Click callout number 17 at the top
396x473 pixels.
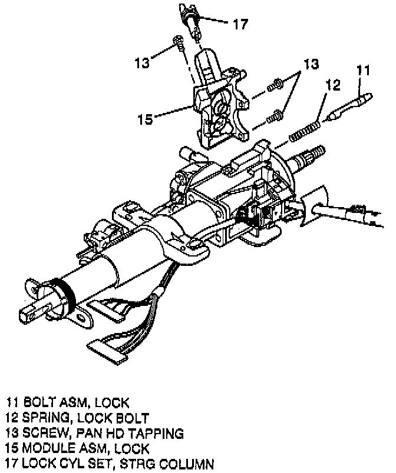pyautogui.click(x=240, y=24)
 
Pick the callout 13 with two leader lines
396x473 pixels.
pyautogui.click(x=312, y=64)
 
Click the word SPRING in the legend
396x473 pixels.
pyautogui.click(x=51, y=418)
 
